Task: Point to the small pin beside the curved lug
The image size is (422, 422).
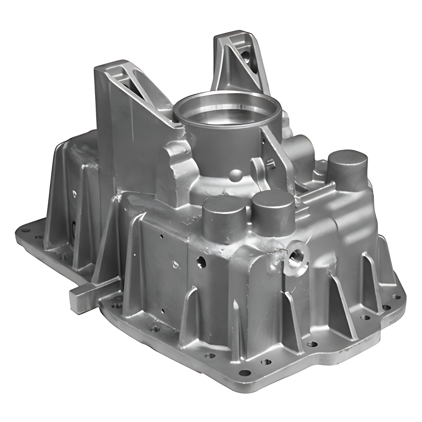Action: (x=271, y=163)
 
